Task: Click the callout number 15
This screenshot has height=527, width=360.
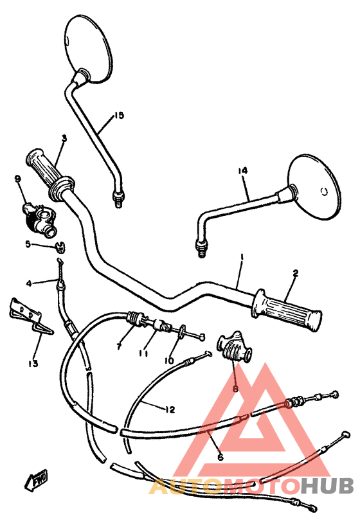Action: pyautogui.click(x=119, y=116)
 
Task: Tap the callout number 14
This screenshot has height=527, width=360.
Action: pyautogui.click(x=242, y=171)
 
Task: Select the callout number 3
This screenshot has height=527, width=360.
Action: pyautogui.click(x=64, y=138)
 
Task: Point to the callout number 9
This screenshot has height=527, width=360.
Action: pyautogui.click(x=17, y=179)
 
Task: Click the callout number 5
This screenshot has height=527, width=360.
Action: pyautogui.click(x=28, y=244)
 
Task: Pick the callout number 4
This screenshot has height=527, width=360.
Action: pyautogui.click(x=28, y=283)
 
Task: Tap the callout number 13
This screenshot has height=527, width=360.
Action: pyautogui.click(x=33, y=364)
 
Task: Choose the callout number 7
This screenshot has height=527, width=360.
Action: pyautogui.click(x=119, y=347)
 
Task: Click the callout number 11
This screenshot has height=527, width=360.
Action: pyautogui.click(x=143, y=353)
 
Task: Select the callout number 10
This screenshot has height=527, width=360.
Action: pyautogui.click(x=169, y=361)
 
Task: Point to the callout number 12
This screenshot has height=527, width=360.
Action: pyautogui.click(x=170, y=409)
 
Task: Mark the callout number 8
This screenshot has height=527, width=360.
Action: pyautogui.click(x=235, y=389)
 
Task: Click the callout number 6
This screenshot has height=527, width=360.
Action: pyautogui.click(x=220, y=457)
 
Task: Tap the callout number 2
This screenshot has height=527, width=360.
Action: pyautogui.click(x=295, y=273)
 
